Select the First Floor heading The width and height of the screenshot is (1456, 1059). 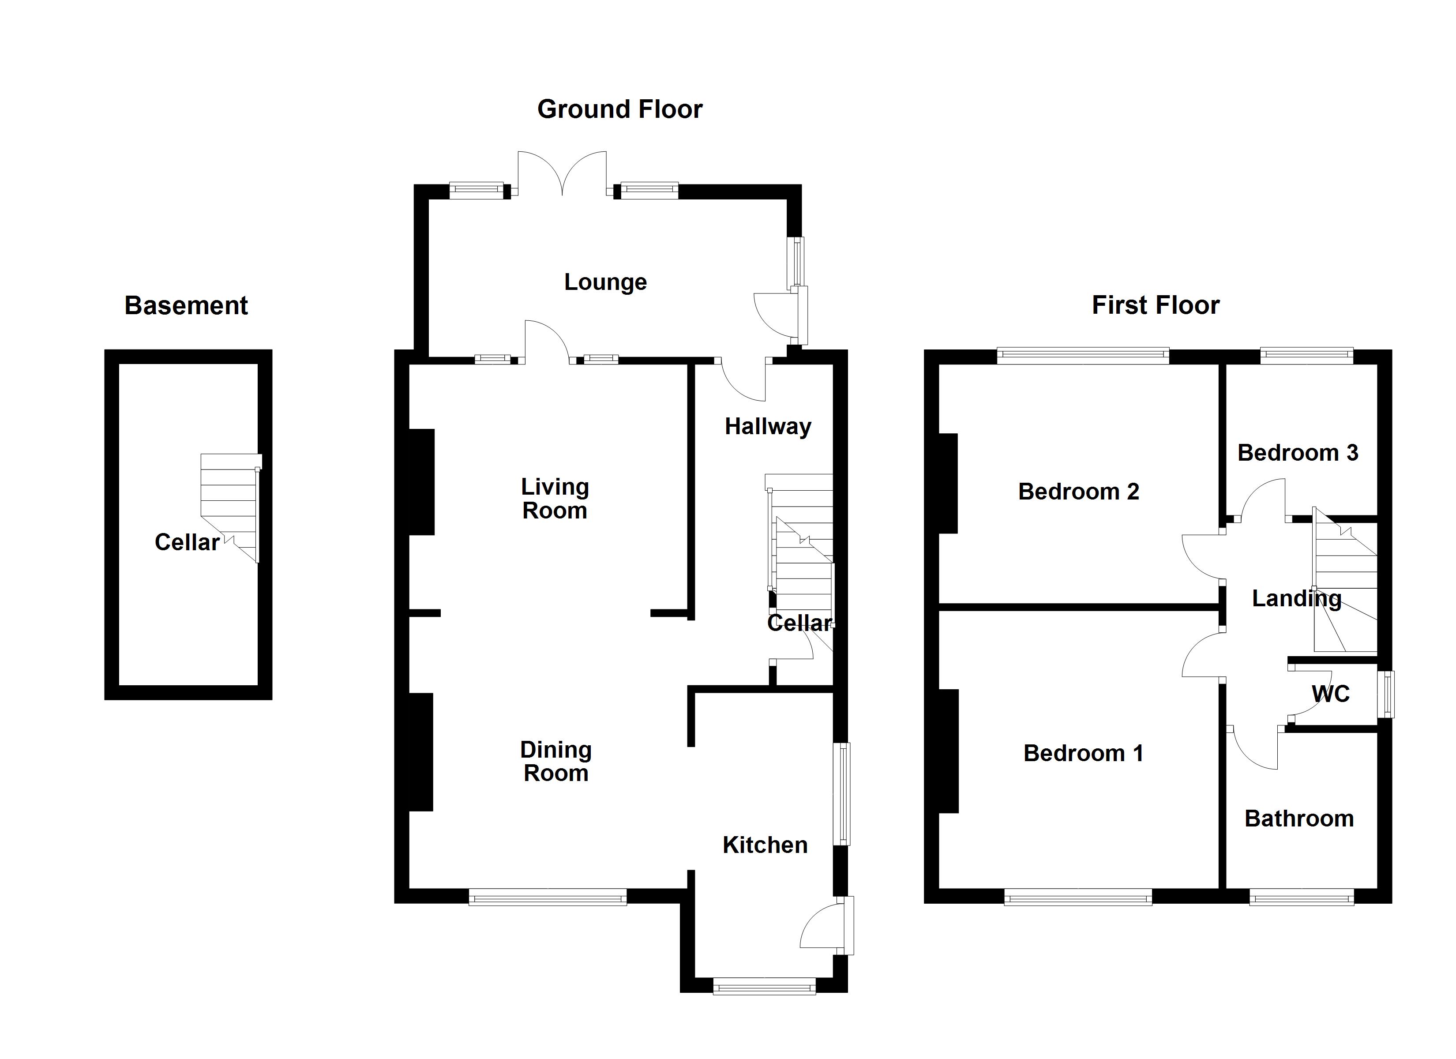coord(1156,305)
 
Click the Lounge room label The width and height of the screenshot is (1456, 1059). coord(605,282)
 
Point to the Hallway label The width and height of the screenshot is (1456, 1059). coord(768,426)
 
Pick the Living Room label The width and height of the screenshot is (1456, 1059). coord(555,498)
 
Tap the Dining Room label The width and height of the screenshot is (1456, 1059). coord(556,761)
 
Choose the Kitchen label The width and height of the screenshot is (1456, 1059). coord(765,845)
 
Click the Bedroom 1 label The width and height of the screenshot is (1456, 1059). coord(1084,753)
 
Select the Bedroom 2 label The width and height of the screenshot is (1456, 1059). coord(1078,492)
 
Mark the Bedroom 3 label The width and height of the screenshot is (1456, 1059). coord(1298,453)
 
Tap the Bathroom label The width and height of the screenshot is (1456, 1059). coord(1299,819)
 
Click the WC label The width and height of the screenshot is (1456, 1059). coord(1331,694)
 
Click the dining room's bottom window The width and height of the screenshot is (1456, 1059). coord(548,897)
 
